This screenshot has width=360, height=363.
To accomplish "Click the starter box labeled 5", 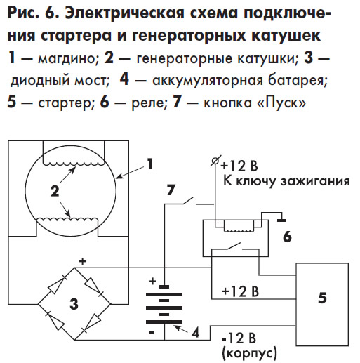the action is point(322,304).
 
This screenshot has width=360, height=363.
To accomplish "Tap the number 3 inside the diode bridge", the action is point(74,304).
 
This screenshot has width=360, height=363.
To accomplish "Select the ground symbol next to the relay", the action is point(281,220).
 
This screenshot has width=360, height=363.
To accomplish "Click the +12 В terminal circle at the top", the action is point(215,161).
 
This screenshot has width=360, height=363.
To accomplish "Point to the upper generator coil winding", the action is point(74,164).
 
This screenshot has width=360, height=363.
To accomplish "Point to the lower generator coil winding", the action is point(67,220).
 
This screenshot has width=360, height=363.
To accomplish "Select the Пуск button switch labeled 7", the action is point(188,201).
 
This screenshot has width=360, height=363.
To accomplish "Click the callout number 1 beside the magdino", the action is point(150,164).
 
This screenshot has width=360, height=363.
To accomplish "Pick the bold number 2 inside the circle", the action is point(55,191).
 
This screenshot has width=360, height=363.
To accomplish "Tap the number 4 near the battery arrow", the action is point(195,331).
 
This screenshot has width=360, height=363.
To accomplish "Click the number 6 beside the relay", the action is point(287,237).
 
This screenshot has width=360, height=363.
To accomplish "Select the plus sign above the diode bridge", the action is point(82,261).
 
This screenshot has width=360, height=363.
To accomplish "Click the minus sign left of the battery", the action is point(151,333).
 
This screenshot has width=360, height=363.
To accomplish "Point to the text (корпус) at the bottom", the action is point(249,352).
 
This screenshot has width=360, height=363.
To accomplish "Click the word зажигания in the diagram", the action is point(315,181).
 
